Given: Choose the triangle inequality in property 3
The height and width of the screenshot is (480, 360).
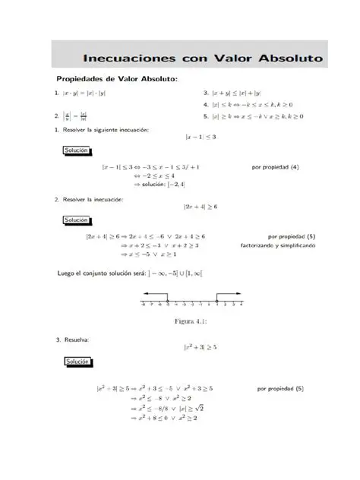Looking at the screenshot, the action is [235, 93].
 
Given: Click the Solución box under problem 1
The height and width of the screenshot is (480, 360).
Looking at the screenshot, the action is [77, 151].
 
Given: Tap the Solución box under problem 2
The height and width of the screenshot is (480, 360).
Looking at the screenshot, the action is [77, 220].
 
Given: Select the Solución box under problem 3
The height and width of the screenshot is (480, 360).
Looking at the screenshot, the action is [77, 362].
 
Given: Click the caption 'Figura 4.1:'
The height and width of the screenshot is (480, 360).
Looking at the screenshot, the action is [191, 321].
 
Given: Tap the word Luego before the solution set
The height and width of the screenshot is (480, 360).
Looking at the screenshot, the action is [67, 272].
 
